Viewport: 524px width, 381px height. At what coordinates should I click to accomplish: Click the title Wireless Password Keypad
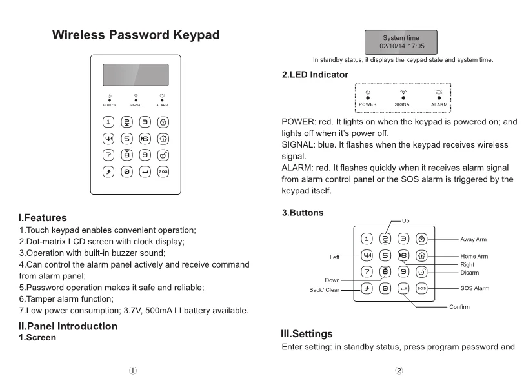(x=136, y=35)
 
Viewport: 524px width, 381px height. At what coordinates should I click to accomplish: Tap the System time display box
(x=400, y=42)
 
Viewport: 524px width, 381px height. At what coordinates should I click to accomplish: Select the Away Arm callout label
(x=474, y=239)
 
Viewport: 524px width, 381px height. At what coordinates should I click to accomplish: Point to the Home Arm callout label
(x=474, y=257)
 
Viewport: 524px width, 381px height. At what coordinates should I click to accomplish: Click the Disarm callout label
(x=470, y=272)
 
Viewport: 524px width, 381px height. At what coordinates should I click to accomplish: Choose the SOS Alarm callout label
(x=474, y=288)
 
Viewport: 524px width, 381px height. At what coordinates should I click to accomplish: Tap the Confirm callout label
(x=459, y=307)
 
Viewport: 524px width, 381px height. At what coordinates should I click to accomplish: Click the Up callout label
(x=405, y=220)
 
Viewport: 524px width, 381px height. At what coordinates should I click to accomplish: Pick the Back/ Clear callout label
(x=324, y=290)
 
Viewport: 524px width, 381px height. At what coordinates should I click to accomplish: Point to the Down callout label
(x=332, y=280)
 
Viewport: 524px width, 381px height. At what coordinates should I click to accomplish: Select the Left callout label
(x=334, y=257)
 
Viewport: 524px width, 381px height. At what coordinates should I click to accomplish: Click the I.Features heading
(x=43, y=218)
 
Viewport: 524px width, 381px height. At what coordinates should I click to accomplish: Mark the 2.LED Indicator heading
(x=315, y=75)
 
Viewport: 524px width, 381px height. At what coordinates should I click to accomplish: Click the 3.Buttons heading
(x=303, y=212)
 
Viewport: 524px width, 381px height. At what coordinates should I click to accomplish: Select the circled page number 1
(x=132, y=371)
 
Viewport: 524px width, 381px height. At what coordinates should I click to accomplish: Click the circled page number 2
(x=399, y=371)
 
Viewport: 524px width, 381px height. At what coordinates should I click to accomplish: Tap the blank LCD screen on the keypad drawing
(x=136, y=75)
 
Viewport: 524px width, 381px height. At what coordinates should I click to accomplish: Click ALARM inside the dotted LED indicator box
(x=439, y=104)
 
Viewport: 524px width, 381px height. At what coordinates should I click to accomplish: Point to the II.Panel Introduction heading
(x=68, y=326)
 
